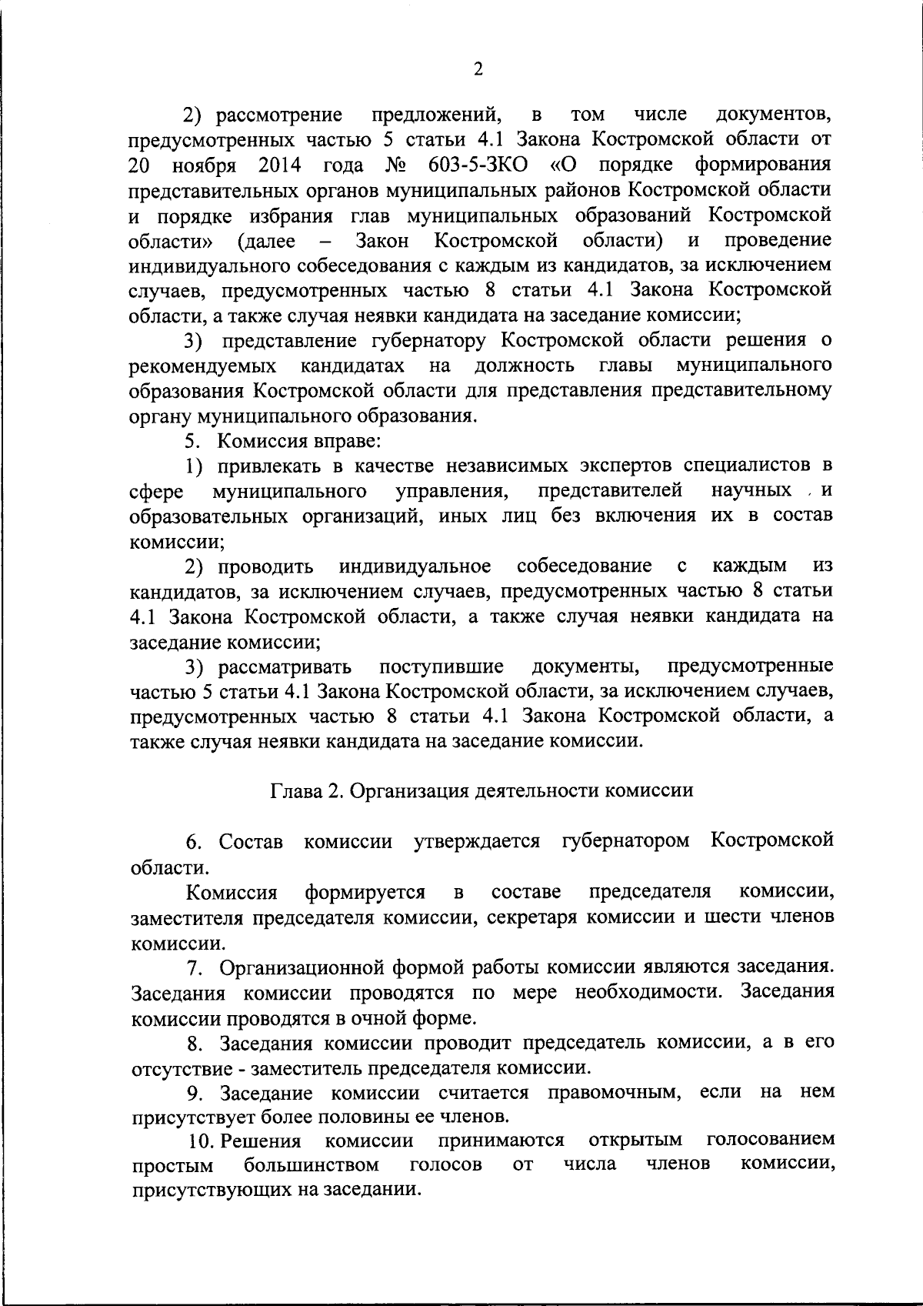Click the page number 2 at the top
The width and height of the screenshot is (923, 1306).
pos(478,70)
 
